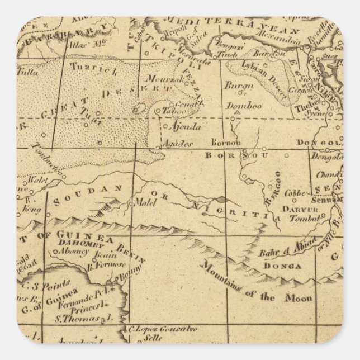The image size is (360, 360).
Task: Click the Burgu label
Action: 235,86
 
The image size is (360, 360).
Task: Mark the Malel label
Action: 143,203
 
